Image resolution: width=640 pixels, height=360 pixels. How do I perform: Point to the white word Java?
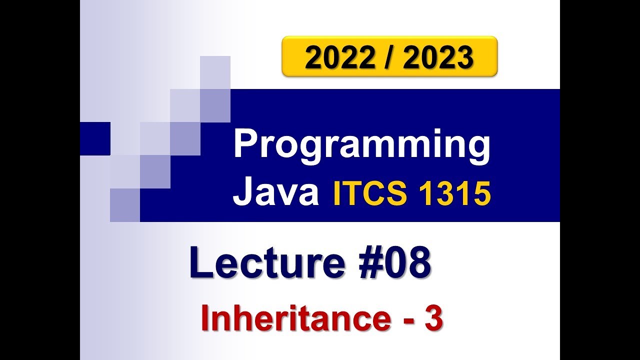[x=275, y=193]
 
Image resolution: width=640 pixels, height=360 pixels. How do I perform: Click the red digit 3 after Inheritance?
[x=433, y=319]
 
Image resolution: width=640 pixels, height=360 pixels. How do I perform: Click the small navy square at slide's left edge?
[x=95, y=138]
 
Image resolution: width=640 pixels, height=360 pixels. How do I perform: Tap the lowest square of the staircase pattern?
[x=125, y=204]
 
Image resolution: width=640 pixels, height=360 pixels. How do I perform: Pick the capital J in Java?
[x=242, y=193]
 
